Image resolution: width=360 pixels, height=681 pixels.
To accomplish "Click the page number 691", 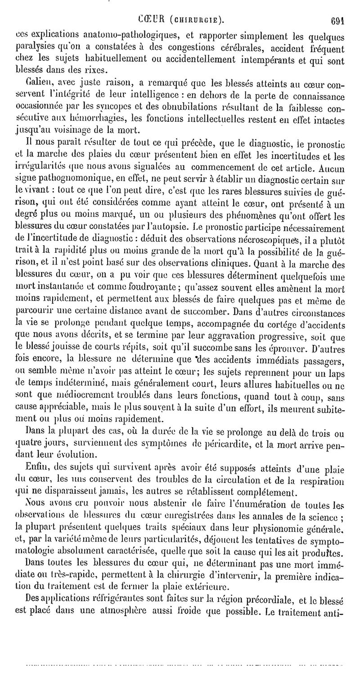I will pos(337,20).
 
